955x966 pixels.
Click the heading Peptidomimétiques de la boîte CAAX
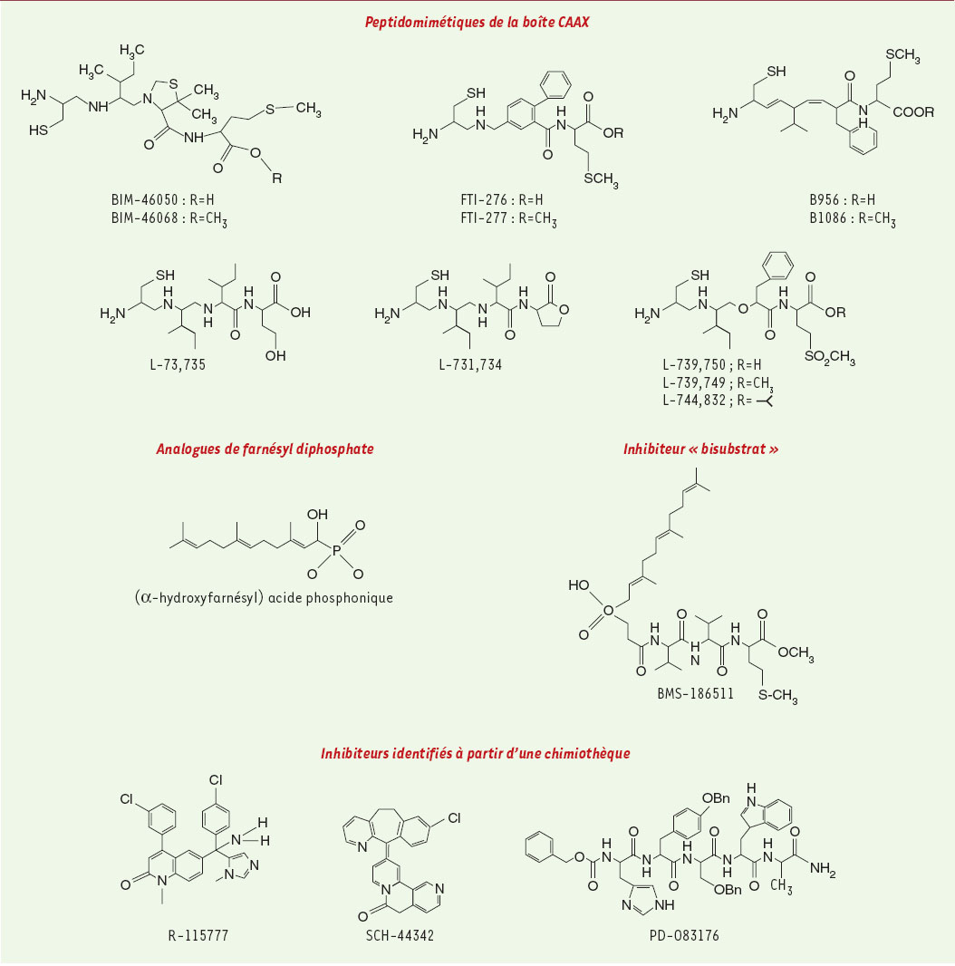click(477, 22)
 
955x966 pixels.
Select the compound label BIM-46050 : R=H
click(163, 200)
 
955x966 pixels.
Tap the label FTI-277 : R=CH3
click(509, 218)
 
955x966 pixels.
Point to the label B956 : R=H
click(843, 200)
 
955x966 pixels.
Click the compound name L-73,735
click(178, 364)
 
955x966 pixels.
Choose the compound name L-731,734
click(470, 364)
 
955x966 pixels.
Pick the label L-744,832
click(694, 401)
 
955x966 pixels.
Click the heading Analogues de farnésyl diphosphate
click(265, 449)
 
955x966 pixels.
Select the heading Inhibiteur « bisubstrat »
click(700, 449)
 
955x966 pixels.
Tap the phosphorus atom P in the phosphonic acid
click(336, 551)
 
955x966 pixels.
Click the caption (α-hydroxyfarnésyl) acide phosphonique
click(264, 597)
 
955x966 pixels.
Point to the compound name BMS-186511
click(696, 694)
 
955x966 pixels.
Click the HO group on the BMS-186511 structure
click(579, 584)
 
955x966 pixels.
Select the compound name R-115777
click(198, 935)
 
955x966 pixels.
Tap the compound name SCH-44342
click(400, 935)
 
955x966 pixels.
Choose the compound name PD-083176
click(684, 935)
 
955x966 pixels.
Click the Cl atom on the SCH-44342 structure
click(454, 818)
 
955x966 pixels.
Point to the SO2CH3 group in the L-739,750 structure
click(829, 357)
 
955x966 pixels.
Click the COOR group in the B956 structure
click(913, 112)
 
